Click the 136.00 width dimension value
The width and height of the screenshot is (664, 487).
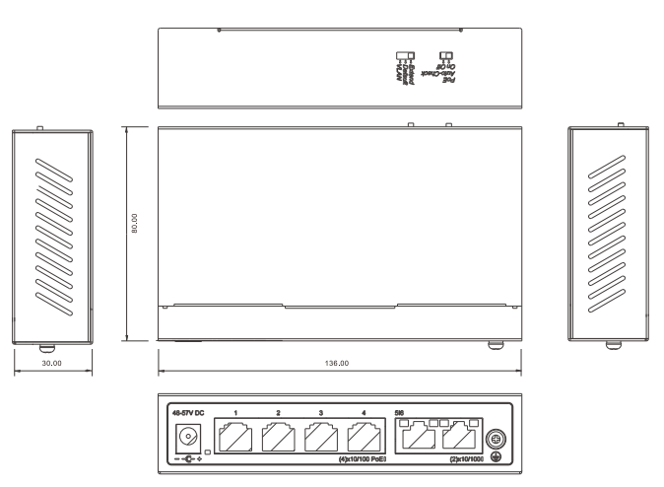[x=337, y=364]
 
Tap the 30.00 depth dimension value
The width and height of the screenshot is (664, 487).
[x=52, y=364]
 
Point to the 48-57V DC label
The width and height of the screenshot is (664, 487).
[x=187, y=411]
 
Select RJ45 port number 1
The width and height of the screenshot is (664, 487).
[x=236, y=437]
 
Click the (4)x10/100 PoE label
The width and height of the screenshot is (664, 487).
[x=359, y=459]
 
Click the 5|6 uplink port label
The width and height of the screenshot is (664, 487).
[x=399, y=412]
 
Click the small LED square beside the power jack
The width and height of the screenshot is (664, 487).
[x=207, y=451]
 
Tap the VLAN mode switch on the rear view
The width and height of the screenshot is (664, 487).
[x=401, y=56]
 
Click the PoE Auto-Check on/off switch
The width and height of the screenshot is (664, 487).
[x=444, y=56]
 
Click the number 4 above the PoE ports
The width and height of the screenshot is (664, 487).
[x=364, y=412]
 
